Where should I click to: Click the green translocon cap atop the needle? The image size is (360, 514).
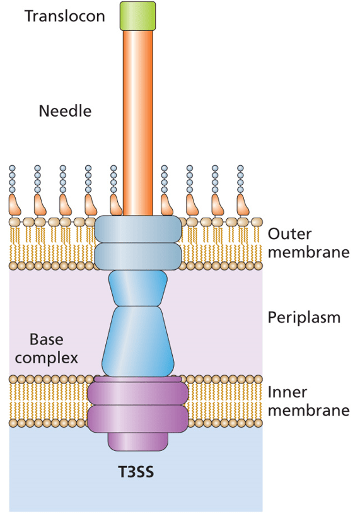click(x=137, y=15)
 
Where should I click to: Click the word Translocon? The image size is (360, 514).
click(x=64, y=16)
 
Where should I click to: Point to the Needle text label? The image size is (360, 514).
click(x=65, y=112)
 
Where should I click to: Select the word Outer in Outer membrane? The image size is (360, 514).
click(x=290, y=233)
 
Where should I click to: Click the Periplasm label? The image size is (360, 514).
click(x=304, y=317)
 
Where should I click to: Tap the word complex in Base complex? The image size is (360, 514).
click(x=47, y=358)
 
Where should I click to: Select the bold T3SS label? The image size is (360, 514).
click(x=137, y=472)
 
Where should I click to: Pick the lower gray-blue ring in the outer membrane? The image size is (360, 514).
click(x=137, y=255)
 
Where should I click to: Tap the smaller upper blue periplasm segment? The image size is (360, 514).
click(x=137, y=287)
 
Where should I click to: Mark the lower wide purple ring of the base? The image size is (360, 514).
click(x=137, y=418)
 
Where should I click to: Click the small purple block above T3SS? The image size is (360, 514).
click(x=137, y=441)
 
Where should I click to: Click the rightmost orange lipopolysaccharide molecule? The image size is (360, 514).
click(x=242, y=205)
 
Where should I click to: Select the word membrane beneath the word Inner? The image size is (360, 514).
click(x=308, y=411)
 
